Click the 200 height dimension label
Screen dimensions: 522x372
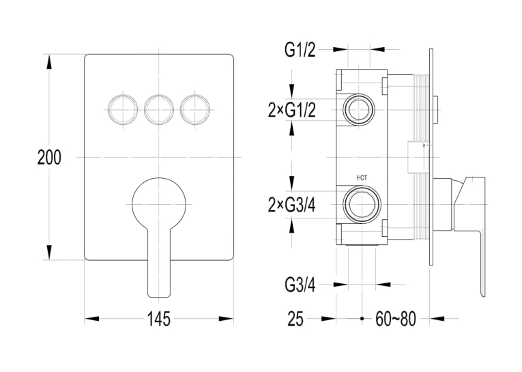click(x=49, y=158)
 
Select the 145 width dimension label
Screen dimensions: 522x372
click(x=159, y=319)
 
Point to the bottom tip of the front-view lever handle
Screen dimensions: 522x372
click(x=159, y=297)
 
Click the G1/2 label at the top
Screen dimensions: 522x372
click(x=300, y=50)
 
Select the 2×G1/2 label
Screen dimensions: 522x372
click(x=291, y=110)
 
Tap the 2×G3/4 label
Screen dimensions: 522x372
click(x=291, y=205)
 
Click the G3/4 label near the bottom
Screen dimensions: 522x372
click(x=300, y=285)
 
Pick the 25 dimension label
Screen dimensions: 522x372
click(x=295, y=319)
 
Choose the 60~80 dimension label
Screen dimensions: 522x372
click(x=396, y=319)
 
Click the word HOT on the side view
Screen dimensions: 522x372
click(x=362, y=178)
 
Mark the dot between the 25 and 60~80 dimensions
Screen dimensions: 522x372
click(x=362, y=319)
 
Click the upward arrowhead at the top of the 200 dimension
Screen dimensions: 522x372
click(x=49, y=61)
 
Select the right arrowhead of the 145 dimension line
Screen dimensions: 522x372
click(x=226, y=319)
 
